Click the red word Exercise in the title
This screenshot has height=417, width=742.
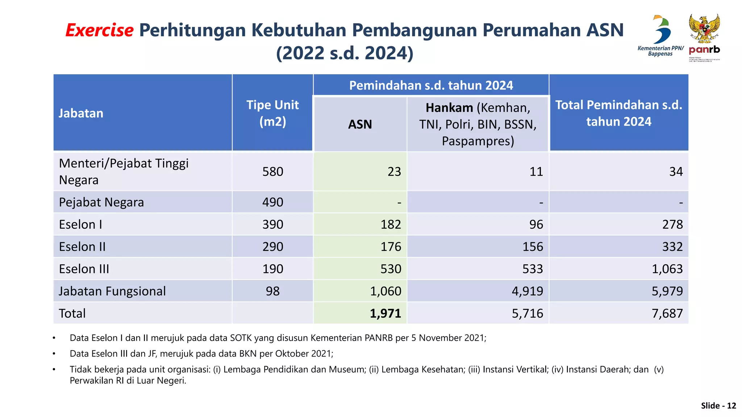tap(100, 30)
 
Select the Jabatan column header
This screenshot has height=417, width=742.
tap(81, 113)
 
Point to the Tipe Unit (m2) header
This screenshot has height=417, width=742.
tap(272, 113)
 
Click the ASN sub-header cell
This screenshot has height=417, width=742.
tap(360, 124)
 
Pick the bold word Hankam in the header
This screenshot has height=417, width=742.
tap(449, 108)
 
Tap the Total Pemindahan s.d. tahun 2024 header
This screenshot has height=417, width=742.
tap(618, 113)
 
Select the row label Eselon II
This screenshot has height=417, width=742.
tap(82, 247)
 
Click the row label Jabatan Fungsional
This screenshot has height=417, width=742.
tap(112, 291)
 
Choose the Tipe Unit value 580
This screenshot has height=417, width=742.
tap(272, 172)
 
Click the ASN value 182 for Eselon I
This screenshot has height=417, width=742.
tap(391, 224)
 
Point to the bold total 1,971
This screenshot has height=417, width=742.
tap(385, 313)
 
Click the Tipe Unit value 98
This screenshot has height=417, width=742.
tap(272, 291)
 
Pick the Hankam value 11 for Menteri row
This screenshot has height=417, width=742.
tap(536, 172)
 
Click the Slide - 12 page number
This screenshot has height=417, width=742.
tap(718, 406)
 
